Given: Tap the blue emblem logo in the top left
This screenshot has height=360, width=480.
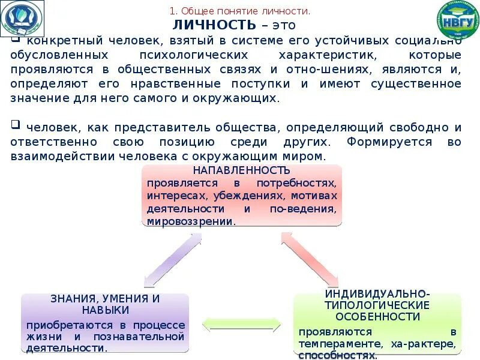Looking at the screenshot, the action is click(22, 19).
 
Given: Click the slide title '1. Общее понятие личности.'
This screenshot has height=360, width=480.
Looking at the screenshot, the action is click(240, 11).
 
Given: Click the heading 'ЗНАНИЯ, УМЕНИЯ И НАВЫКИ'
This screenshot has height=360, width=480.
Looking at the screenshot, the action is click(106, 304).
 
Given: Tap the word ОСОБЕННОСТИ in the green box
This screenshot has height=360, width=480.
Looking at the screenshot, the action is click(377, 316).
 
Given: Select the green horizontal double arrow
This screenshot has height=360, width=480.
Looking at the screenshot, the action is click(241, 325).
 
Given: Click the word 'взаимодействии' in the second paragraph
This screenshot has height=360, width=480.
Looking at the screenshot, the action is click(52, 156).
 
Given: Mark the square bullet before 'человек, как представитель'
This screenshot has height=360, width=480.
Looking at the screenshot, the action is click(15, 125).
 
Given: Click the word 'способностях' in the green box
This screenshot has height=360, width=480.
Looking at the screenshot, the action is click(338, 355).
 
